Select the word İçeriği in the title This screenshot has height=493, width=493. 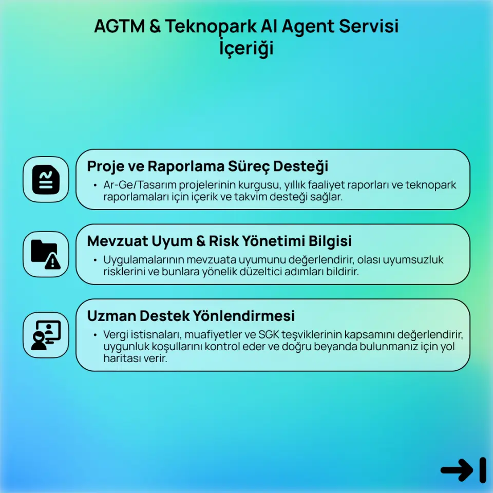click(x=246, y=49)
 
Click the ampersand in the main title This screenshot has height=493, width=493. click(x=155, y=27)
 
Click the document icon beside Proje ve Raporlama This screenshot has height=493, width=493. click(x=46, y=180)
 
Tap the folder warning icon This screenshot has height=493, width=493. click(x=46, y=254)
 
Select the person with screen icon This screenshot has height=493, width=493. click(x=46, y=335)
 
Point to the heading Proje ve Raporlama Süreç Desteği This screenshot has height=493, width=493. click(x=207, y=166)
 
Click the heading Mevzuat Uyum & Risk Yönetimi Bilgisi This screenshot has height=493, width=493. click(x=219, y=241)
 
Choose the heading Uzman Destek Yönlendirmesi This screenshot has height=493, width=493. click(x=191, y=315)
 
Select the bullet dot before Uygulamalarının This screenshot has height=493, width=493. click(x=95, y=260)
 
